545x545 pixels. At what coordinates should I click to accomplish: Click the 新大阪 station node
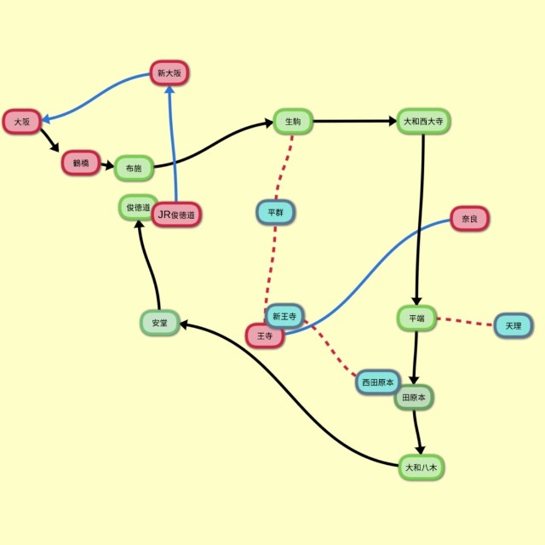point(169,73)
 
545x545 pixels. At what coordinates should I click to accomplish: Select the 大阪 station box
point(22,122)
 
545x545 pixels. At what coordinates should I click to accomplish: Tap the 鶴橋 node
point(81,163)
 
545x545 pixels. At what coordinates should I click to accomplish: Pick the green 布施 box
point(134,169)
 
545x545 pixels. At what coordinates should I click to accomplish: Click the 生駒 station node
point(293,121)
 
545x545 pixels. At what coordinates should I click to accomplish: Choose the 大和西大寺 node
point(423,121)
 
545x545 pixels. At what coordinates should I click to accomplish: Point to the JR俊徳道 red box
point(176,215)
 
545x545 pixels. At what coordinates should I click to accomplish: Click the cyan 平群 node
point(276,212)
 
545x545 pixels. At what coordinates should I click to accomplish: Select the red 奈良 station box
point(469,219)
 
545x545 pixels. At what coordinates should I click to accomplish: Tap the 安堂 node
point(160,323)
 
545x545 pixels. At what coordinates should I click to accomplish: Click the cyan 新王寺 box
point(284,316)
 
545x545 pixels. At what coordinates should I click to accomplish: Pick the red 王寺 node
point(265,336)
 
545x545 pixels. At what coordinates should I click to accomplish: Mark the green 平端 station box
point(416,318)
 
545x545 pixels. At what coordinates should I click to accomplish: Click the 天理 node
point(513,325)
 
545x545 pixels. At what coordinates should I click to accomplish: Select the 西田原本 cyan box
point(378,382)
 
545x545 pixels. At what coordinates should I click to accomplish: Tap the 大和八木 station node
point(422,468)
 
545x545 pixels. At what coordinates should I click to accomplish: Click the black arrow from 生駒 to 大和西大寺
point(354,121)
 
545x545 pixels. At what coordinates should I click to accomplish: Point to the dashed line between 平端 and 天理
point(465,322)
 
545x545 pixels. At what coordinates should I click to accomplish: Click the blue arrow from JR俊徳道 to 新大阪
point(172,144)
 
